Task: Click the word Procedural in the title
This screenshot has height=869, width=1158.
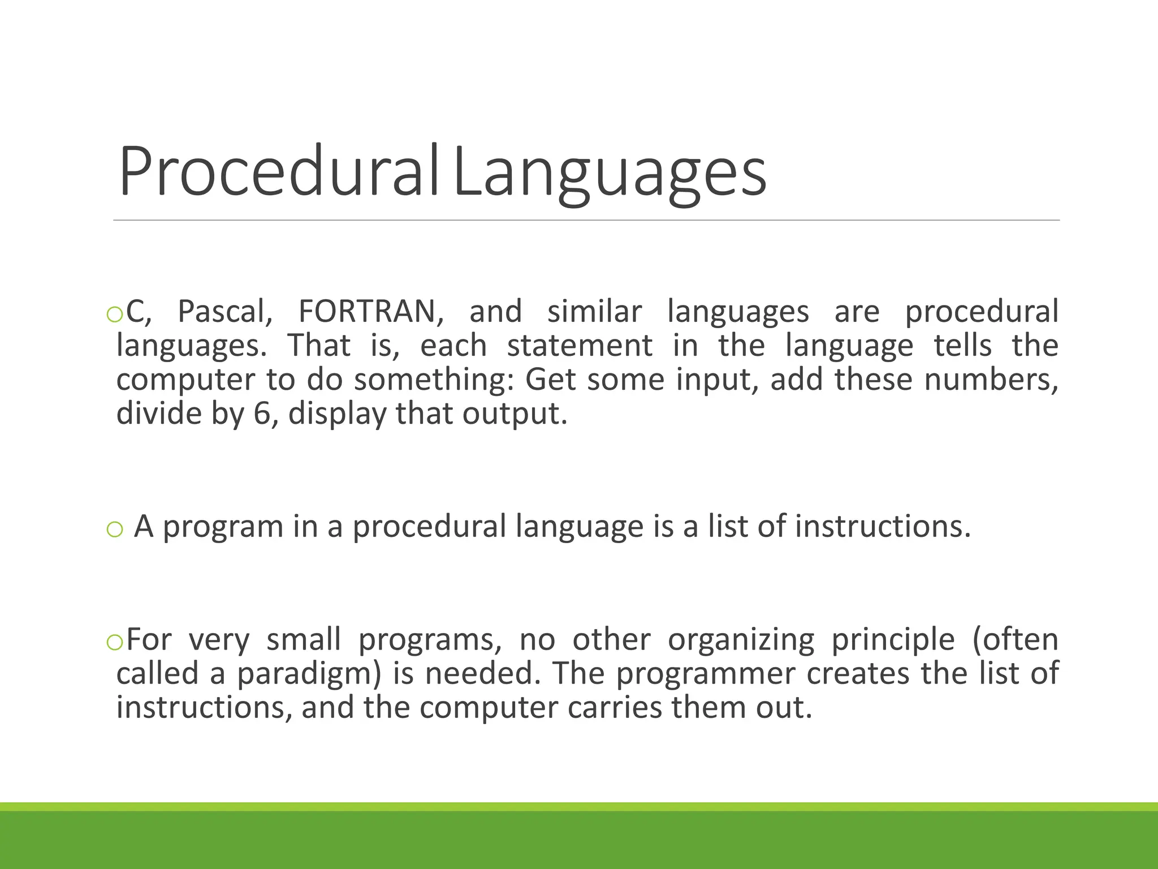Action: (x=279, y=171)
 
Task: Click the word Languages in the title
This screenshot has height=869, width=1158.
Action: (x=610, y=171)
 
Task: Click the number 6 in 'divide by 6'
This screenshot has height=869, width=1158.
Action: (x=262, y=414)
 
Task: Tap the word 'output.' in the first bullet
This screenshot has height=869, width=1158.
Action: (x=515, y=414)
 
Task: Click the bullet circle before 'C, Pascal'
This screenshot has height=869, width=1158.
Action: (x=114, y=315)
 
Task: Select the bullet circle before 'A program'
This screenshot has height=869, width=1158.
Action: (x=114, y=530)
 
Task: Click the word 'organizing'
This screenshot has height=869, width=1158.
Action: (x=741, y=640)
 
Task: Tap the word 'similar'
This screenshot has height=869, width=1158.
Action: (x=594, y=311)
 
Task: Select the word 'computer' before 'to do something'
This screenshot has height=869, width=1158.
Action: (x=185, y=379)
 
